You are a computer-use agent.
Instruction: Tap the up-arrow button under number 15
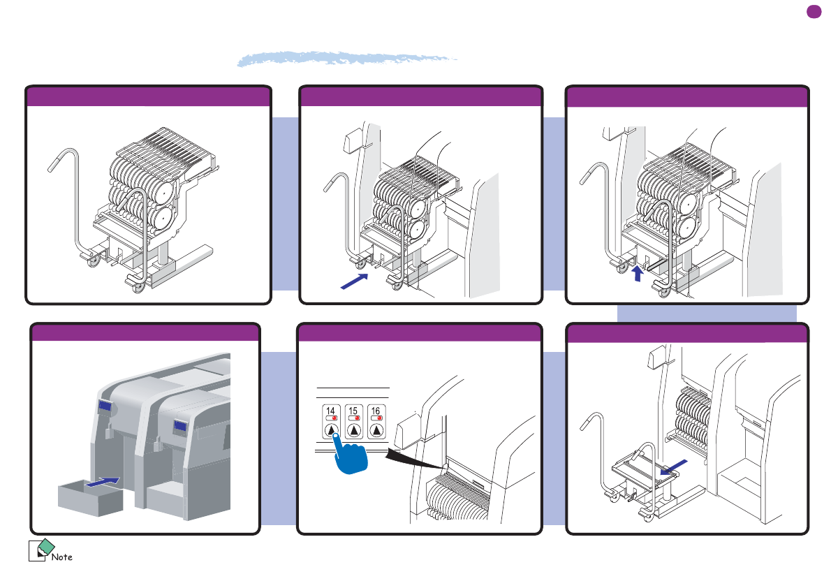354,431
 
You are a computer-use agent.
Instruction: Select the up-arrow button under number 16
376,431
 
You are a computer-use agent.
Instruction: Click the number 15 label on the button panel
353,411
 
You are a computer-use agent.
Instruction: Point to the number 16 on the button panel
376,411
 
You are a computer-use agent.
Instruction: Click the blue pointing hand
352,458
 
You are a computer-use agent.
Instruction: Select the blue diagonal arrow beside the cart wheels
354,281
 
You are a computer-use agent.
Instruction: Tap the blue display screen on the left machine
105,406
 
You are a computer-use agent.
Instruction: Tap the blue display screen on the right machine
180,427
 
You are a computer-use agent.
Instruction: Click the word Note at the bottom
63,557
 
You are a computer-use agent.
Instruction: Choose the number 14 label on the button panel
332,411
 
